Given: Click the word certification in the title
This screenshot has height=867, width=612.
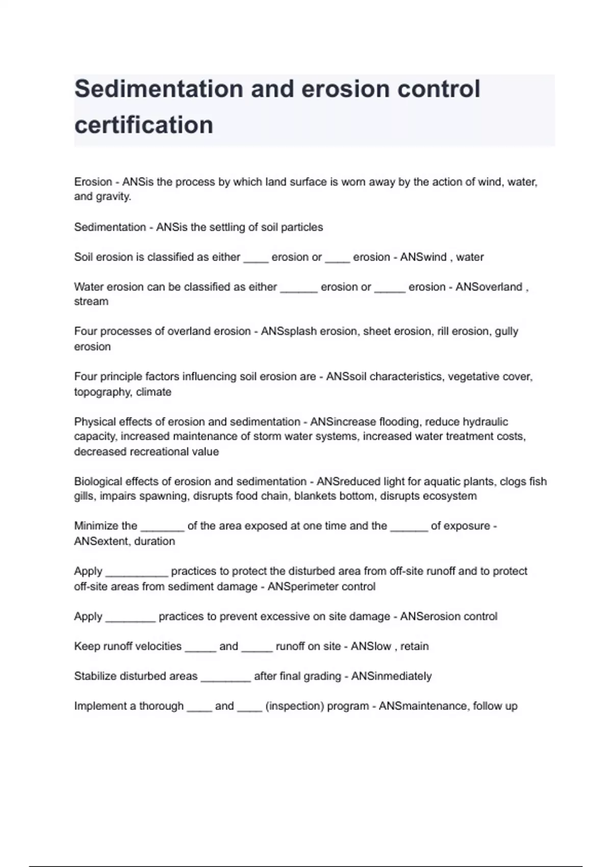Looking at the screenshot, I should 144,125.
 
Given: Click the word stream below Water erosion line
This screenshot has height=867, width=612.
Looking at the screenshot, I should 91,301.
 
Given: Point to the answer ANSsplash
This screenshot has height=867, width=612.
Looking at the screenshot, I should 283,331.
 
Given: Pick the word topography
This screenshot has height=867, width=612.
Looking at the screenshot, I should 103,392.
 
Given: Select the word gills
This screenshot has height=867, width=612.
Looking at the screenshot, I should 84,496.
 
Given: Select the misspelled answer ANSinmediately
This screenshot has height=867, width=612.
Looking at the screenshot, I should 392,676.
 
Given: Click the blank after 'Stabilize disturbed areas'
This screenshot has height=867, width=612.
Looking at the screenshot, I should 226,678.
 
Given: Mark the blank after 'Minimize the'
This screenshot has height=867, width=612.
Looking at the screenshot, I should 162,528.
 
